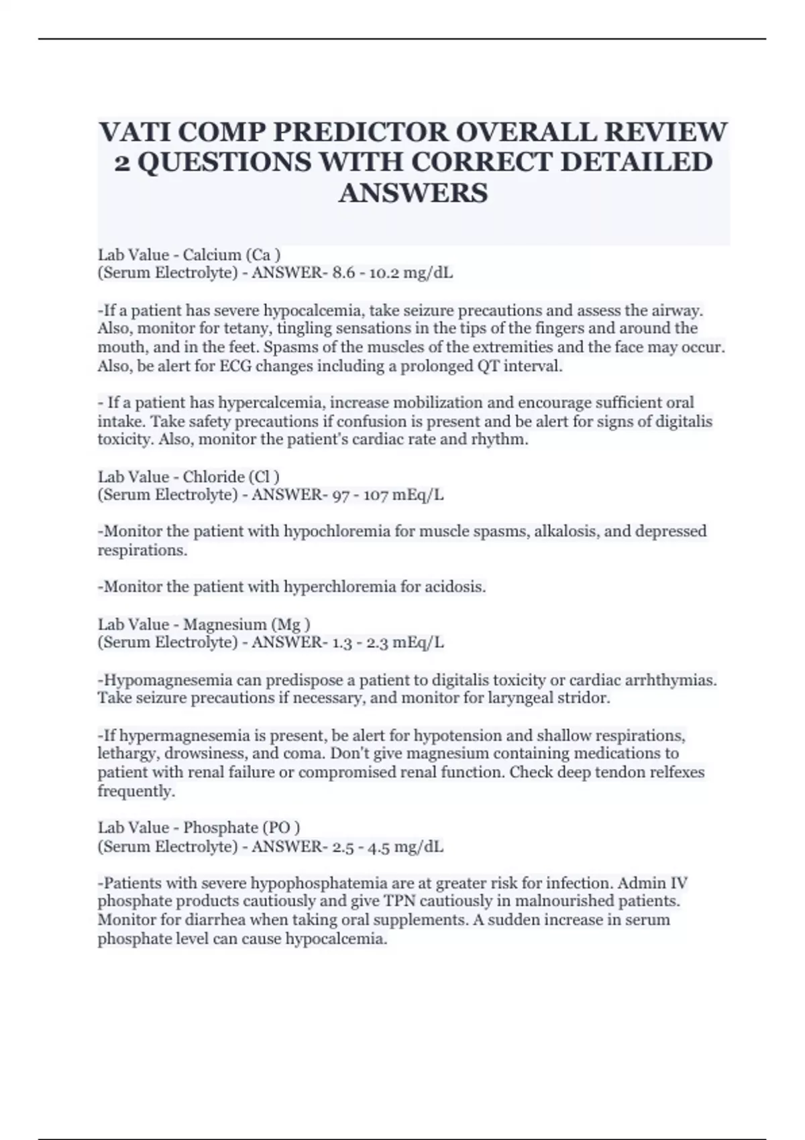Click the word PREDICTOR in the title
[x=362, y=132]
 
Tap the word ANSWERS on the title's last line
[x=413, y=193]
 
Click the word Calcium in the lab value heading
[x=211, y=255]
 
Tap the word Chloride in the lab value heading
[x=213, y=477]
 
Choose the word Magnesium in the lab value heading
[x=225, y=624]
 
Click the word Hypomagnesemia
[x=166, y=680]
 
